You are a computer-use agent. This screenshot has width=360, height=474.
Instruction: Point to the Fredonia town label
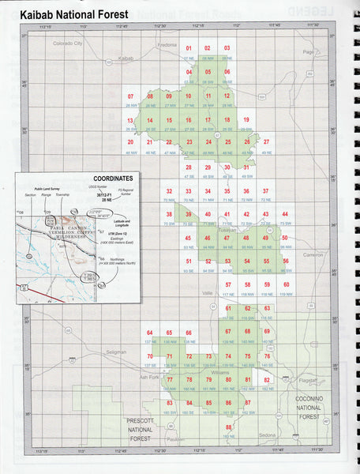(167, 45)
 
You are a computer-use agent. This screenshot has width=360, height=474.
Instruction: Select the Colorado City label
(67, 44)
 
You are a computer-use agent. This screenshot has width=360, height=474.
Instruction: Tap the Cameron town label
(313, 254)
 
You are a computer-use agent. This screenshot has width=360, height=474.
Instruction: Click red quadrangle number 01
(189, 49)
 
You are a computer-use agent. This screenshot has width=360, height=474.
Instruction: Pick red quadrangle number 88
(228, 427)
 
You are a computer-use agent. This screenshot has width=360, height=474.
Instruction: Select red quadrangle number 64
(149, 333)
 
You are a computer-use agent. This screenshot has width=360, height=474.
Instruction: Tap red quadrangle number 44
(286, 214)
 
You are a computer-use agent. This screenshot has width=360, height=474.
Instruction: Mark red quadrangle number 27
(266, 142)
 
